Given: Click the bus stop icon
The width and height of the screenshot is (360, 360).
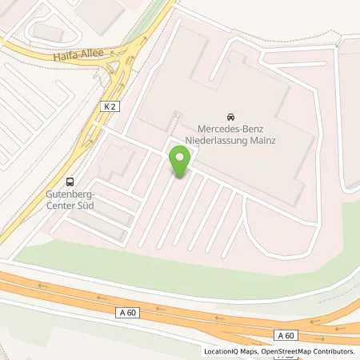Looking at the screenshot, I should [70, 181].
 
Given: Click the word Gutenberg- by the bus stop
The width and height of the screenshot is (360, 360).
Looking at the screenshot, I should [69, 194].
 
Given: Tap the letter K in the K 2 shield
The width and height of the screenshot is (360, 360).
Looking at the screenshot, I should [106, 106].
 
